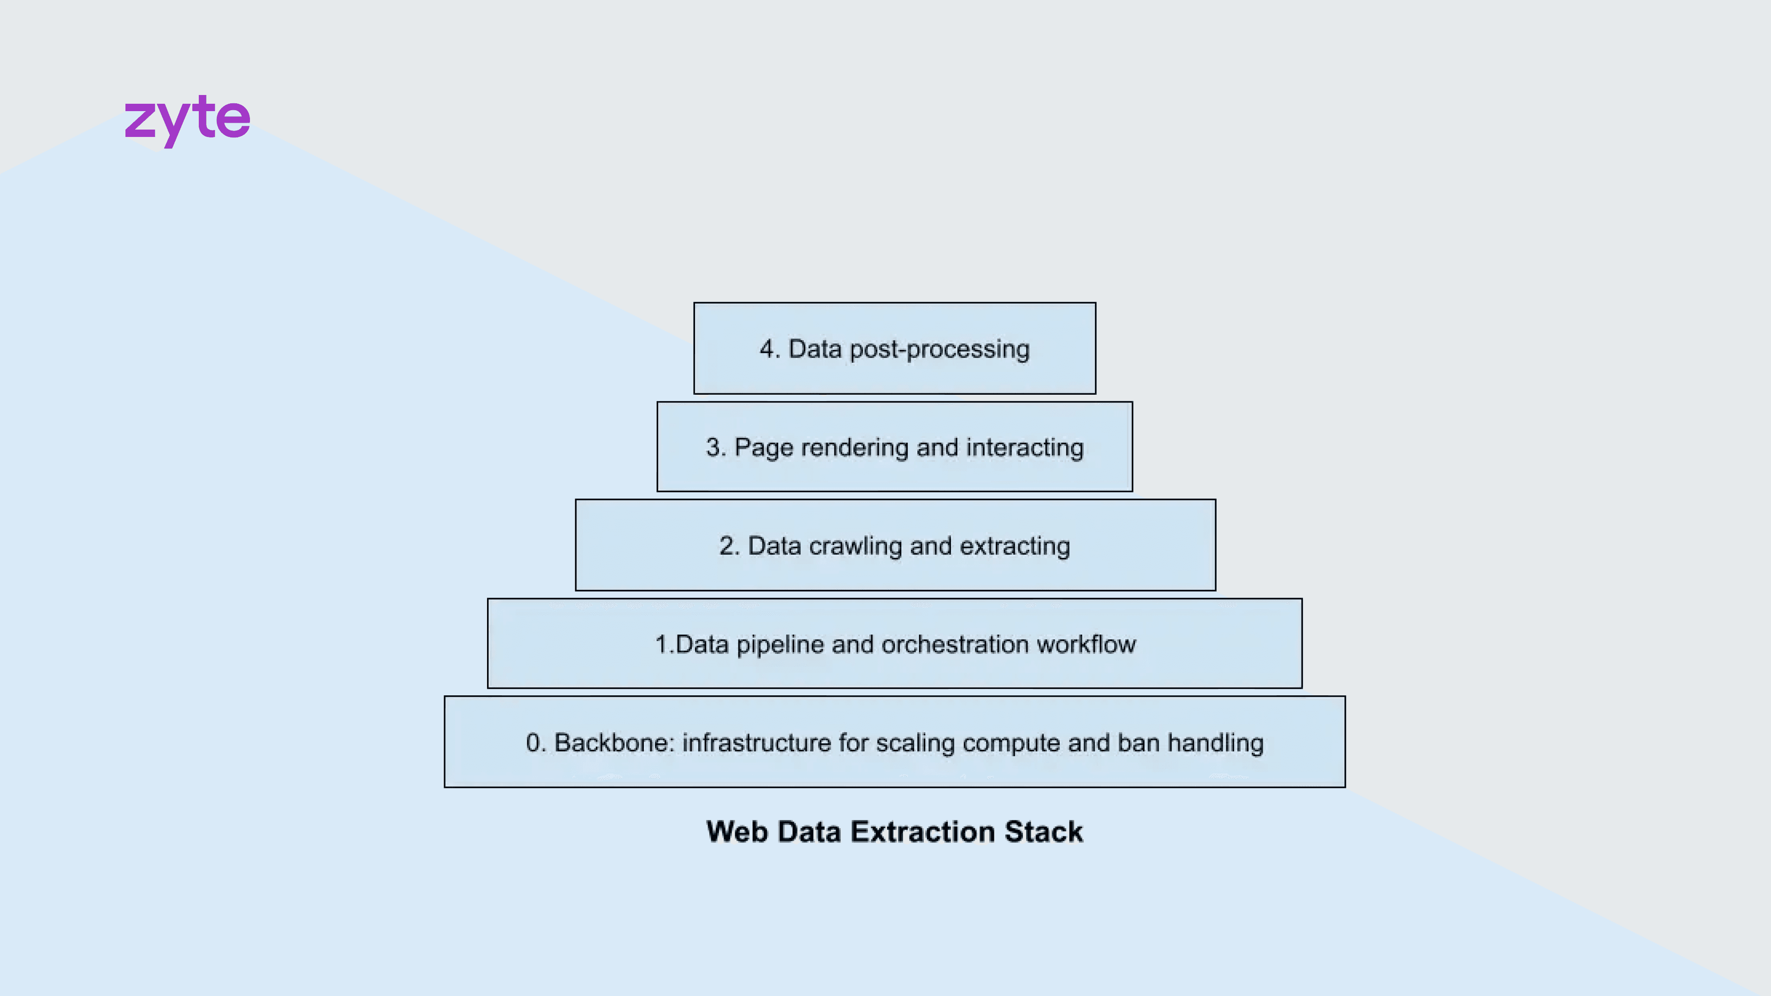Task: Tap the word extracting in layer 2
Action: [1015, 546]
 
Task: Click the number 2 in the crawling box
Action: [727, 546]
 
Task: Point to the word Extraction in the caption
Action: [922, 832]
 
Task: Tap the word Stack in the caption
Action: [1044, 832]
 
